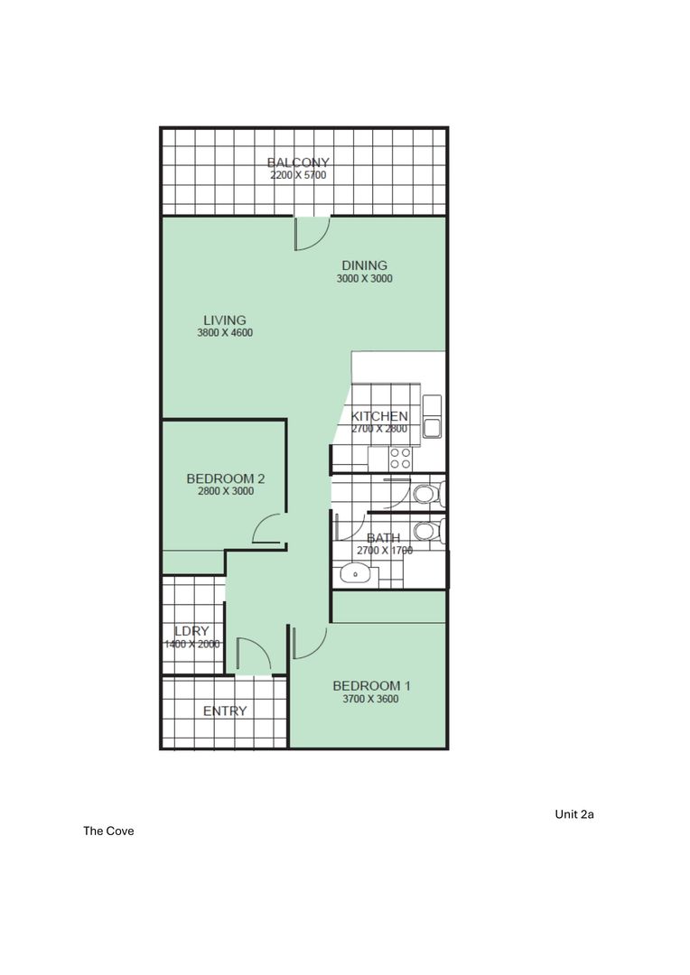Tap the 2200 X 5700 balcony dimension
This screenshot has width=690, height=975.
(298, 175)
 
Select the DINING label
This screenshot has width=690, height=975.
(364, 265)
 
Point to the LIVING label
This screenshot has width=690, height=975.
(224, 320)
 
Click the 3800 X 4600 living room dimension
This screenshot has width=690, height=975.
(224, 333)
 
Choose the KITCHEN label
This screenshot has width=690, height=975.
(379, 416)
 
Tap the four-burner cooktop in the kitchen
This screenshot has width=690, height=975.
(401, 459)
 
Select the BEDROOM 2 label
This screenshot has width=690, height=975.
(225, 478)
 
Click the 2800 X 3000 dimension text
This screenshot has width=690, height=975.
(225, 492)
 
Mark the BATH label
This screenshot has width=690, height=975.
(383, 538)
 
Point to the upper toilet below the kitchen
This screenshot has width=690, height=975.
(424, 494)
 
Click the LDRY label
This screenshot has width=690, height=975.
(191, 631)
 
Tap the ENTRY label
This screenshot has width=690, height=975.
(225, 711)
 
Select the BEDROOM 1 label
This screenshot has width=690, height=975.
(370, 684)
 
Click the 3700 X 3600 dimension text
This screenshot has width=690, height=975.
(370, 699)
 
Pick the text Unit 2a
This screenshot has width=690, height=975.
(573, 814)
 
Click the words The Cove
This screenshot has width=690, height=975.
(108, 831)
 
